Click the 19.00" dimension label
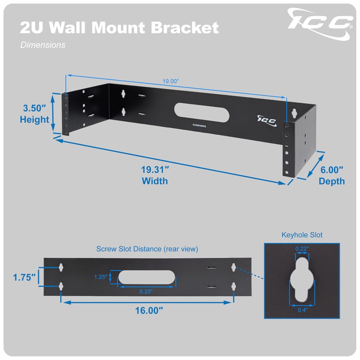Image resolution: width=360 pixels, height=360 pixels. click(x=171, y=81)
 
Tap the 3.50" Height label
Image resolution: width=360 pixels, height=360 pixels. click(x=35, y=114)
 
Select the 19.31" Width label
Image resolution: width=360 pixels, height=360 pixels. click(x=154, y=175)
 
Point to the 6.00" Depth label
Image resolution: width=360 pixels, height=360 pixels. click(x=332, y=175)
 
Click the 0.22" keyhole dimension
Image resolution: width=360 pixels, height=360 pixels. click(x=301, y=248)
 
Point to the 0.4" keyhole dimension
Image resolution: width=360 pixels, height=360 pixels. click(x=302, y=310)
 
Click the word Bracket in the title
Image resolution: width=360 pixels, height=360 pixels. click(x=185, y=27)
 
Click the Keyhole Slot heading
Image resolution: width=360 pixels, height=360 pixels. click(x=302, y=235)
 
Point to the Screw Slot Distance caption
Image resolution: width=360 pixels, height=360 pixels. click(x=147, y=249)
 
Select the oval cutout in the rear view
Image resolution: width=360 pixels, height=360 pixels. click(x=146, y=277)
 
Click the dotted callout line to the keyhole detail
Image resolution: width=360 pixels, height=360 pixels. click(x=249, y=273)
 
